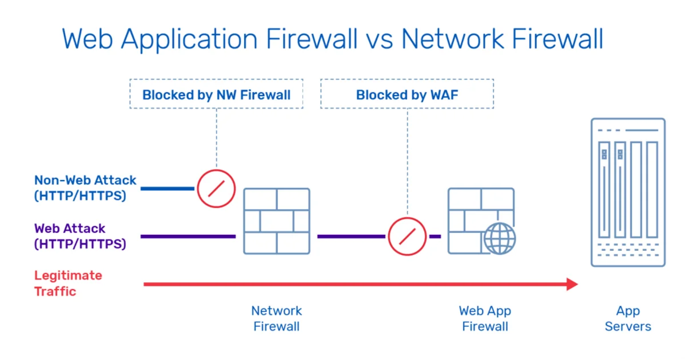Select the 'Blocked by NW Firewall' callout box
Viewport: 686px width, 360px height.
216,94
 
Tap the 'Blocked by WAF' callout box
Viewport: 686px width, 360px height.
407,94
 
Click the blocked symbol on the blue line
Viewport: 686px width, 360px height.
216,188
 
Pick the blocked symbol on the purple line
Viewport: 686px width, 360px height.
407,236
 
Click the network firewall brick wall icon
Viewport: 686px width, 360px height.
277,221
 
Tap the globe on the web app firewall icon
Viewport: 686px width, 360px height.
499,238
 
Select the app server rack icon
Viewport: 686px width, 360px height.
628,192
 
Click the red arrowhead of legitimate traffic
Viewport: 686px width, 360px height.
572,284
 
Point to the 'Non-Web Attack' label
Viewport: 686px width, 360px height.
85,181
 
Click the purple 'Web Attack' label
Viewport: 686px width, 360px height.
70,229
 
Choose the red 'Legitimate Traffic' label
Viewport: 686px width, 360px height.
68,283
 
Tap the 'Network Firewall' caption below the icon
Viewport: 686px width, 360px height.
277,319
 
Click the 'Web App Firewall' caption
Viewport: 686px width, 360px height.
485,319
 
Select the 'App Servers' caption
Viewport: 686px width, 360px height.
628,319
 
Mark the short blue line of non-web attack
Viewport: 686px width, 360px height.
167,188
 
